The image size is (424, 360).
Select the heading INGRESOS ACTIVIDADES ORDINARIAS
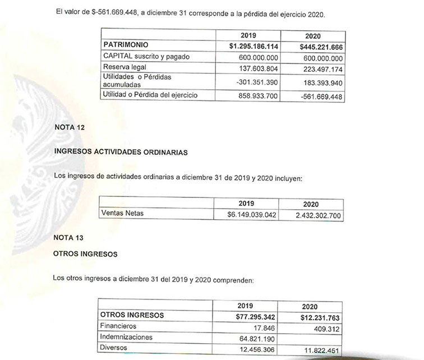pos(120,151)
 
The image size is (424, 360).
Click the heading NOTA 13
pos(68,238)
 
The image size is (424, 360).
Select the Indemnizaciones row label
pos(126,337)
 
